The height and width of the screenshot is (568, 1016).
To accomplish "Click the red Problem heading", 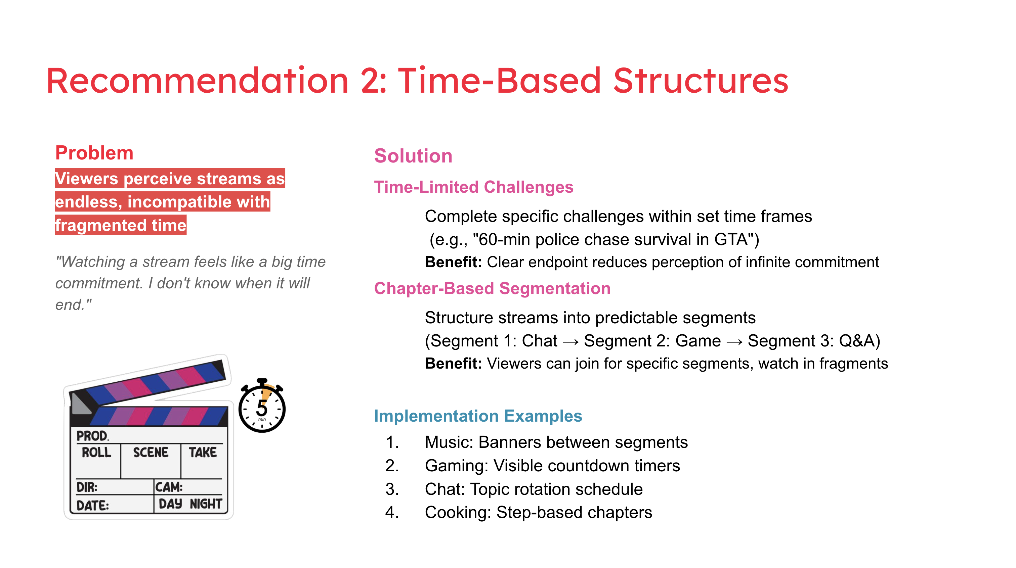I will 94,153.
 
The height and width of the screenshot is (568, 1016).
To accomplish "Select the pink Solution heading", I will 413,156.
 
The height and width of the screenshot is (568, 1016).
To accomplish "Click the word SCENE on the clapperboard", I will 151,452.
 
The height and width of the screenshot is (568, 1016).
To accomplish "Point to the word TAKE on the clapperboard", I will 203,452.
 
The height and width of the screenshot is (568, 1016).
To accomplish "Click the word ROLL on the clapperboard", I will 97,452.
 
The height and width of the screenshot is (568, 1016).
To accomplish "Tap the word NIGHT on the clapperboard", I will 206,504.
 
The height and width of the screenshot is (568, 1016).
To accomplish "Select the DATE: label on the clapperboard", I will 93,505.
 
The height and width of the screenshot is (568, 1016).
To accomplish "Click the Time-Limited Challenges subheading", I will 473,187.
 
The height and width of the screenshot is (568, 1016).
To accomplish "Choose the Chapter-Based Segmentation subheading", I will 492,289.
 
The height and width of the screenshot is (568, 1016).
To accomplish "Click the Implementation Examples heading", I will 478,416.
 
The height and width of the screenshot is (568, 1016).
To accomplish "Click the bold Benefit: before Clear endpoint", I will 453,262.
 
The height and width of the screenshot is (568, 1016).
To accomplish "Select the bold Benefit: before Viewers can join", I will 453,364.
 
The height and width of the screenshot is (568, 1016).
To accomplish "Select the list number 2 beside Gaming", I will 391,466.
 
